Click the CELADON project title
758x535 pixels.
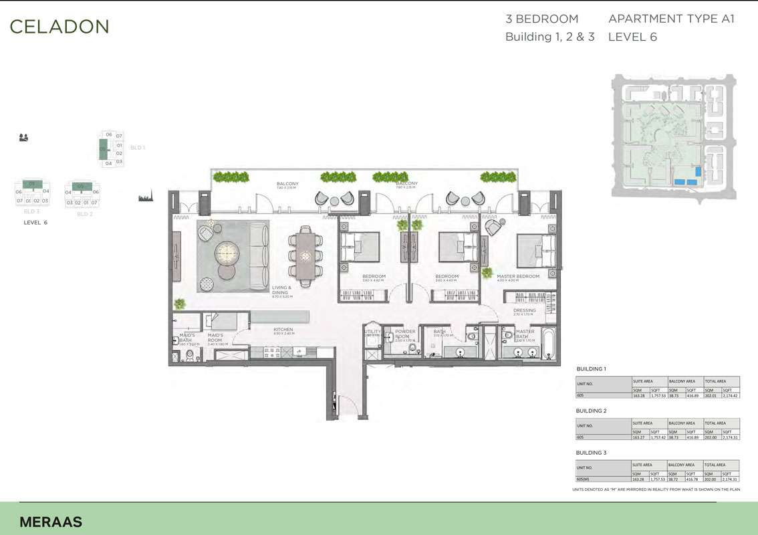point(59,27)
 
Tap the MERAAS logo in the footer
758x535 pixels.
point(51,522)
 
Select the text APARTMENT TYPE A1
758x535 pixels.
point(671,19)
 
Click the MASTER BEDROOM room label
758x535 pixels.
point(518,276)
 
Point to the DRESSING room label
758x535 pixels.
point(525,310)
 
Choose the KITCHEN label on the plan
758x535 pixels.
point(283,330)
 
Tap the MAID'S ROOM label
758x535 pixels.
point(215,338)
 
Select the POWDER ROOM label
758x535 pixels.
point(405,334)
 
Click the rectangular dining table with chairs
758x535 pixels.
point(305,254)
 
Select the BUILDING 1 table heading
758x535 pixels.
point(591,369)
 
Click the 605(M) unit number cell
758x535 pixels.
point(585,479)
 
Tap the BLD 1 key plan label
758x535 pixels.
point(138,147)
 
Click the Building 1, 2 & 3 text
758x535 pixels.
point(549,37)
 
